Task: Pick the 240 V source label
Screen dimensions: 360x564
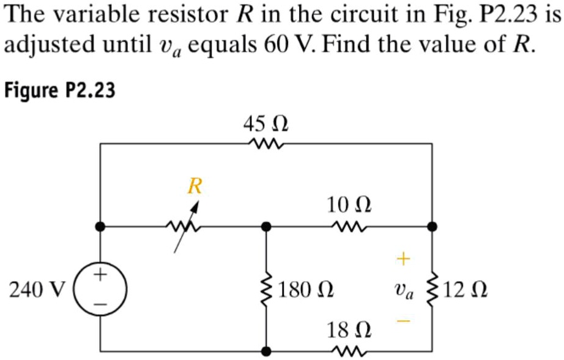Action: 35,288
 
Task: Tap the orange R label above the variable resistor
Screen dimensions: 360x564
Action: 195,185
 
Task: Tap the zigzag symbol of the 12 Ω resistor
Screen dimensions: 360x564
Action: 432,288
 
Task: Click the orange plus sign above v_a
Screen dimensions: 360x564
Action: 402,260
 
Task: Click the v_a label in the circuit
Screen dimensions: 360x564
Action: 406,290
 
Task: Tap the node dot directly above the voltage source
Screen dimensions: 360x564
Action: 100,227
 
